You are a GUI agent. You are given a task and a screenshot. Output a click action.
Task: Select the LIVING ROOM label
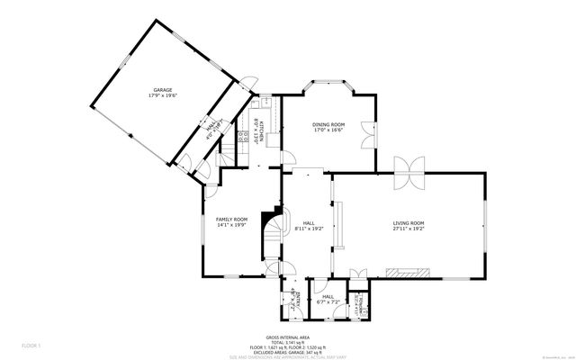coord(408,222)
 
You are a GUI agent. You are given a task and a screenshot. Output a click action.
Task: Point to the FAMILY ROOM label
coord(231,219)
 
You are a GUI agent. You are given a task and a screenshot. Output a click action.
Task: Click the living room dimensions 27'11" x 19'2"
coord(408,229)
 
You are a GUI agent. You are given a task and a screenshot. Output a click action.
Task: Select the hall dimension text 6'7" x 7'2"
coord(328,302)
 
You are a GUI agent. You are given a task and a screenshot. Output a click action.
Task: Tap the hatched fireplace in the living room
coord(408,272)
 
